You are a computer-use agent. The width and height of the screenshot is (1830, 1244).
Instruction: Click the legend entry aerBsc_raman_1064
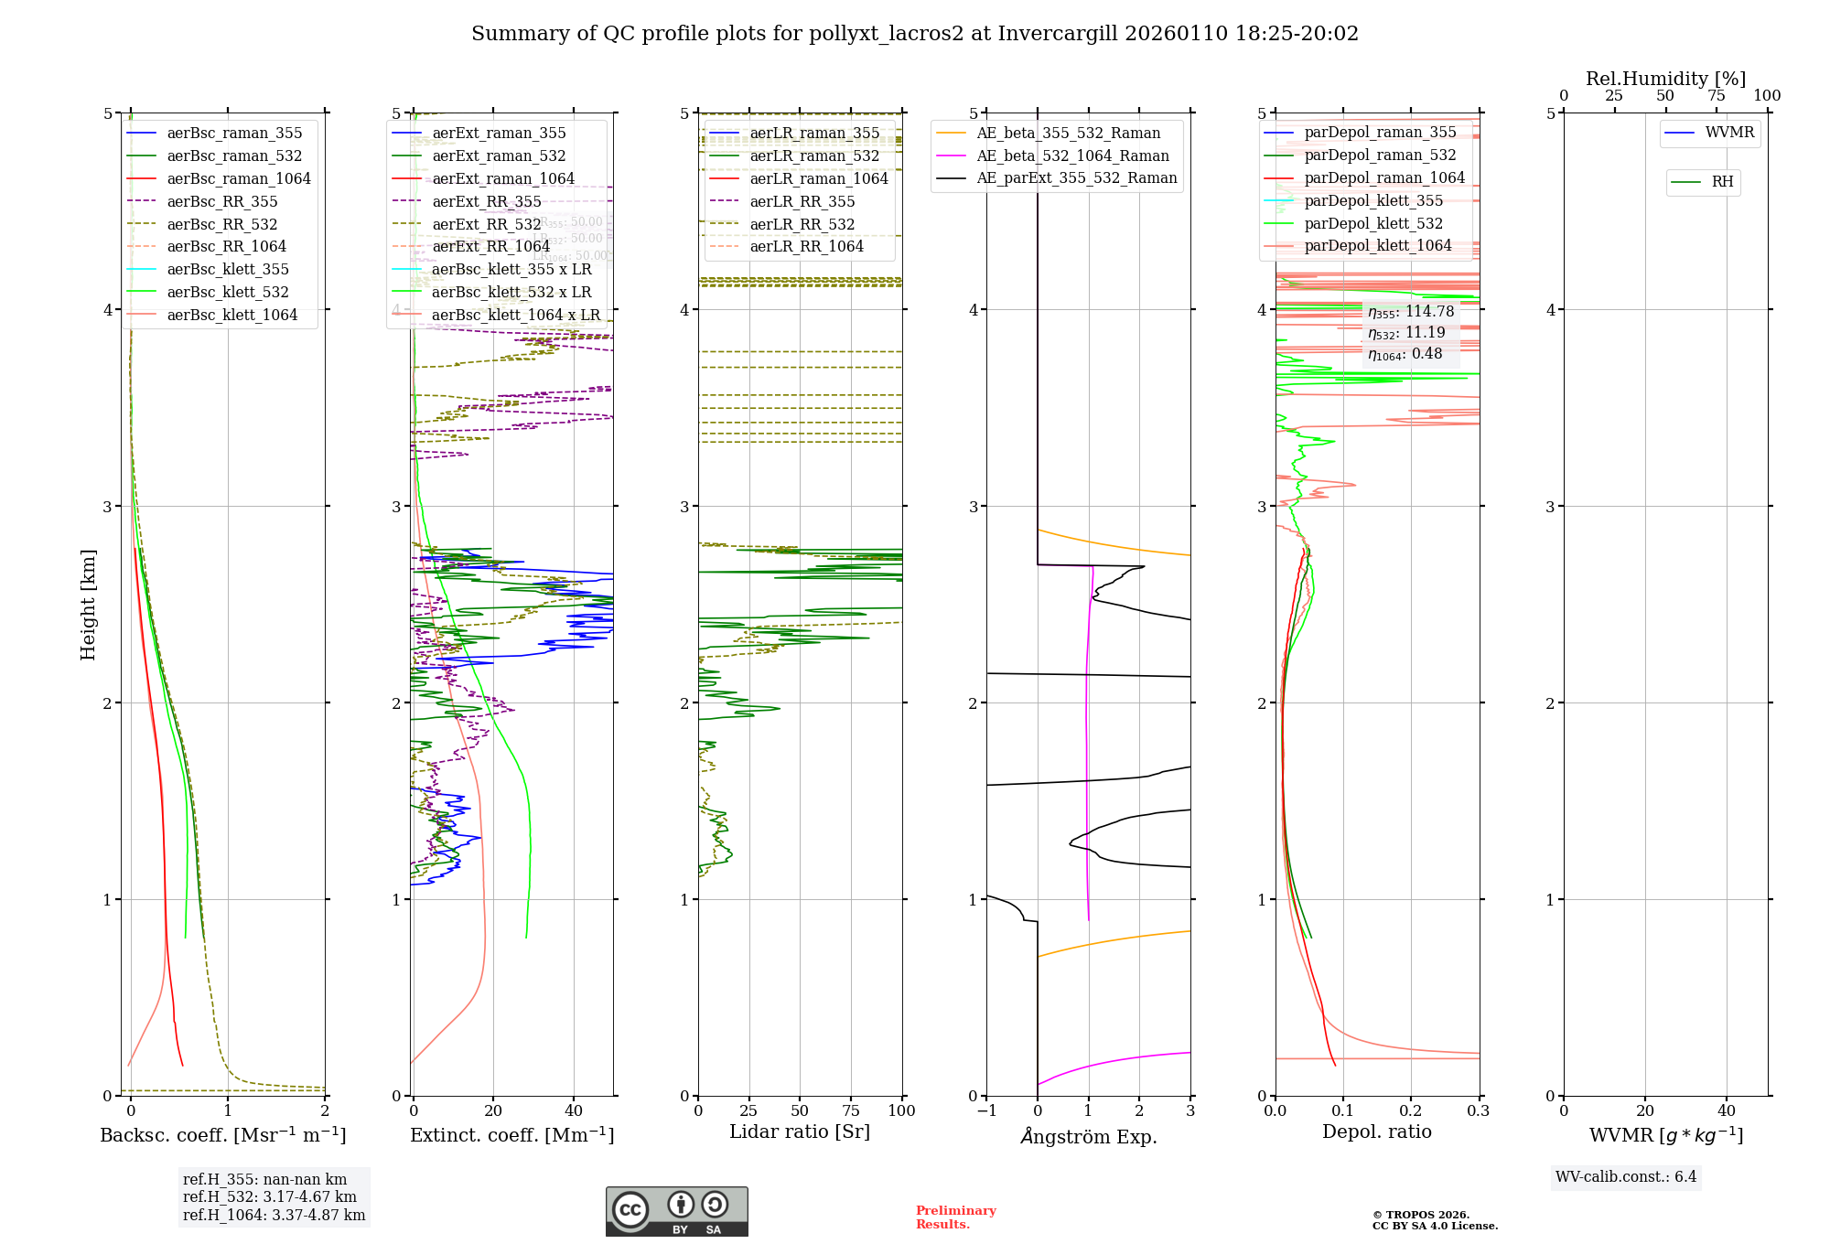(238, 178)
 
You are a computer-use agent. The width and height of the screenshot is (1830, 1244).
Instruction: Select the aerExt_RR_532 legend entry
(486, 224)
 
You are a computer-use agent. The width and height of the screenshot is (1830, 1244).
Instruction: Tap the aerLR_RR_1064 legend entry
(806, 246)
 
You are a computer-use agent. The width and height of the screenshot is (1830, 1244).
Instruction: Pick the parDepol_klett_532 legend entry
(1372, 223)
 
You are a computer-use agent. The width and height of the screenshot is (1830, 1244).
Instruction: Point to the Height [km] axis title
(88, 604)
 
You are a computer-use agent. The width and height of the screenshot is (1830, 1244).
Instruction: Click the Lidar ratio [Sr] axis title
(800, 1131)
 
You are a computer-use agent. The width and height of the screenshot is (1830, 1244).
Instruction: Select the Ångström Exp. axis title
(1089, 1136)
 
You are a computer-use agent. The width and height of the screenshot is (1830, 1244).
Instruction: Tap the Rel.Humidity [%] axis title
(1665, 79)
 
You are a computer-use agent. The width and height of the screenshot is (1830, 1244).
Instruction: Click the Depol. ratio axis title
(1376, 1131)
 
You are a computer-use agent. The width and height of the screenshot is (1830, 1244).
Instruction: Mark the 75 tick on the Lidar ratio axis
(851, 1110)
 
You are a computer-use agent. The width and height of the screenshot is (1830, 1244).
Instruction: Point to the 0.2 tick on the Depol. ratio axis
(1410, 1110)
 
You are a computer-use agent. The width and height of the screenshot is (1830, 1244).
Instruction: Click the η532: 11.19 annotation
(1406, 333)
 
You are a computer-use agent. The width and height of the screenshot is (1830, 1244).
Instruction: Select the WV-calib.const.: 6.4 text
(1625, 1176)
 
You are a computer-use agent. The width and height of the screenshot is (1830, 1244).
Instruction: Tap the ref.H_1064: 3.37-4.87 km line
(274, 1215)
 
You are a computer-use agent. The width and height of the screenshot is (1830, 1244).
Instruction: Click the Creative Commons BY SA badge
(676, 1211)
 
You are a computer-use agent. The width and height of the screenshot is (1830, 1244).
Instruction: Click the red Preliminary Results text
(955, 1217)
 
